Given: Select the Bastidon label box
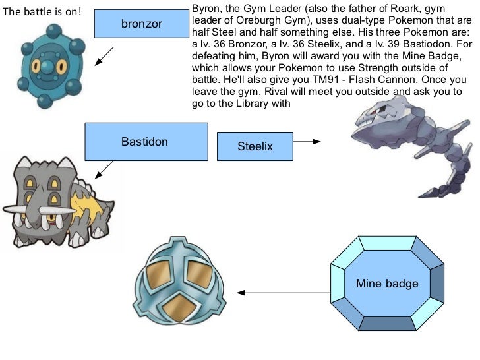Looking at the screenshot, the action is click(145, 142).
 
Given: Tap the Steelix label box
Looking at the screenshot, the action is click(255, 146).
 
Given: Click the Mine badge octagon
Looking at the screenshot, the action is click(387, 284).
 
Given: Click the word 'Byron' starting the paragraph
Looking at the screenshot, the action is click(203, 9).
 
